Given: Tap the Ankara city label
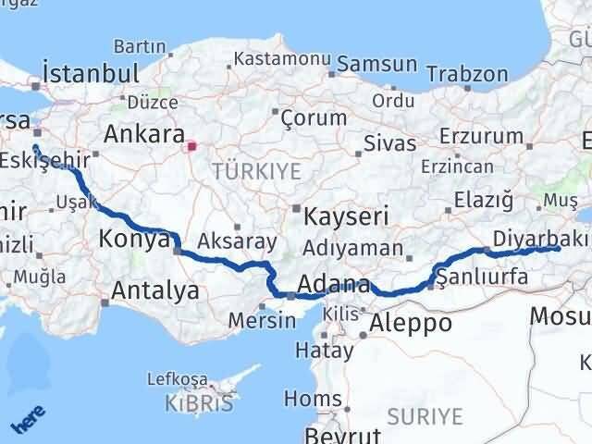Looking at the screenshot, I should (142, 133).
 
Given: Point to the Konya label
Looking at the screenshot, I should (131, 240).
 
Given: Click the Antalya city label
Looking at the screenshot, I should (154, 290).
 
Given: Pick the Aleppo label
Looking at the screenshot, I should (411, 323).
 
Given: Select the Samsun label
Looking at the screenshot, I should (377, 65).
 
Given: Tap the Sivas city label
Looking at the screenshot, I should (384, 144).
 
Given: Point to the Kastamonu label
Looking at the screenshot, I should (282, 58).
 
